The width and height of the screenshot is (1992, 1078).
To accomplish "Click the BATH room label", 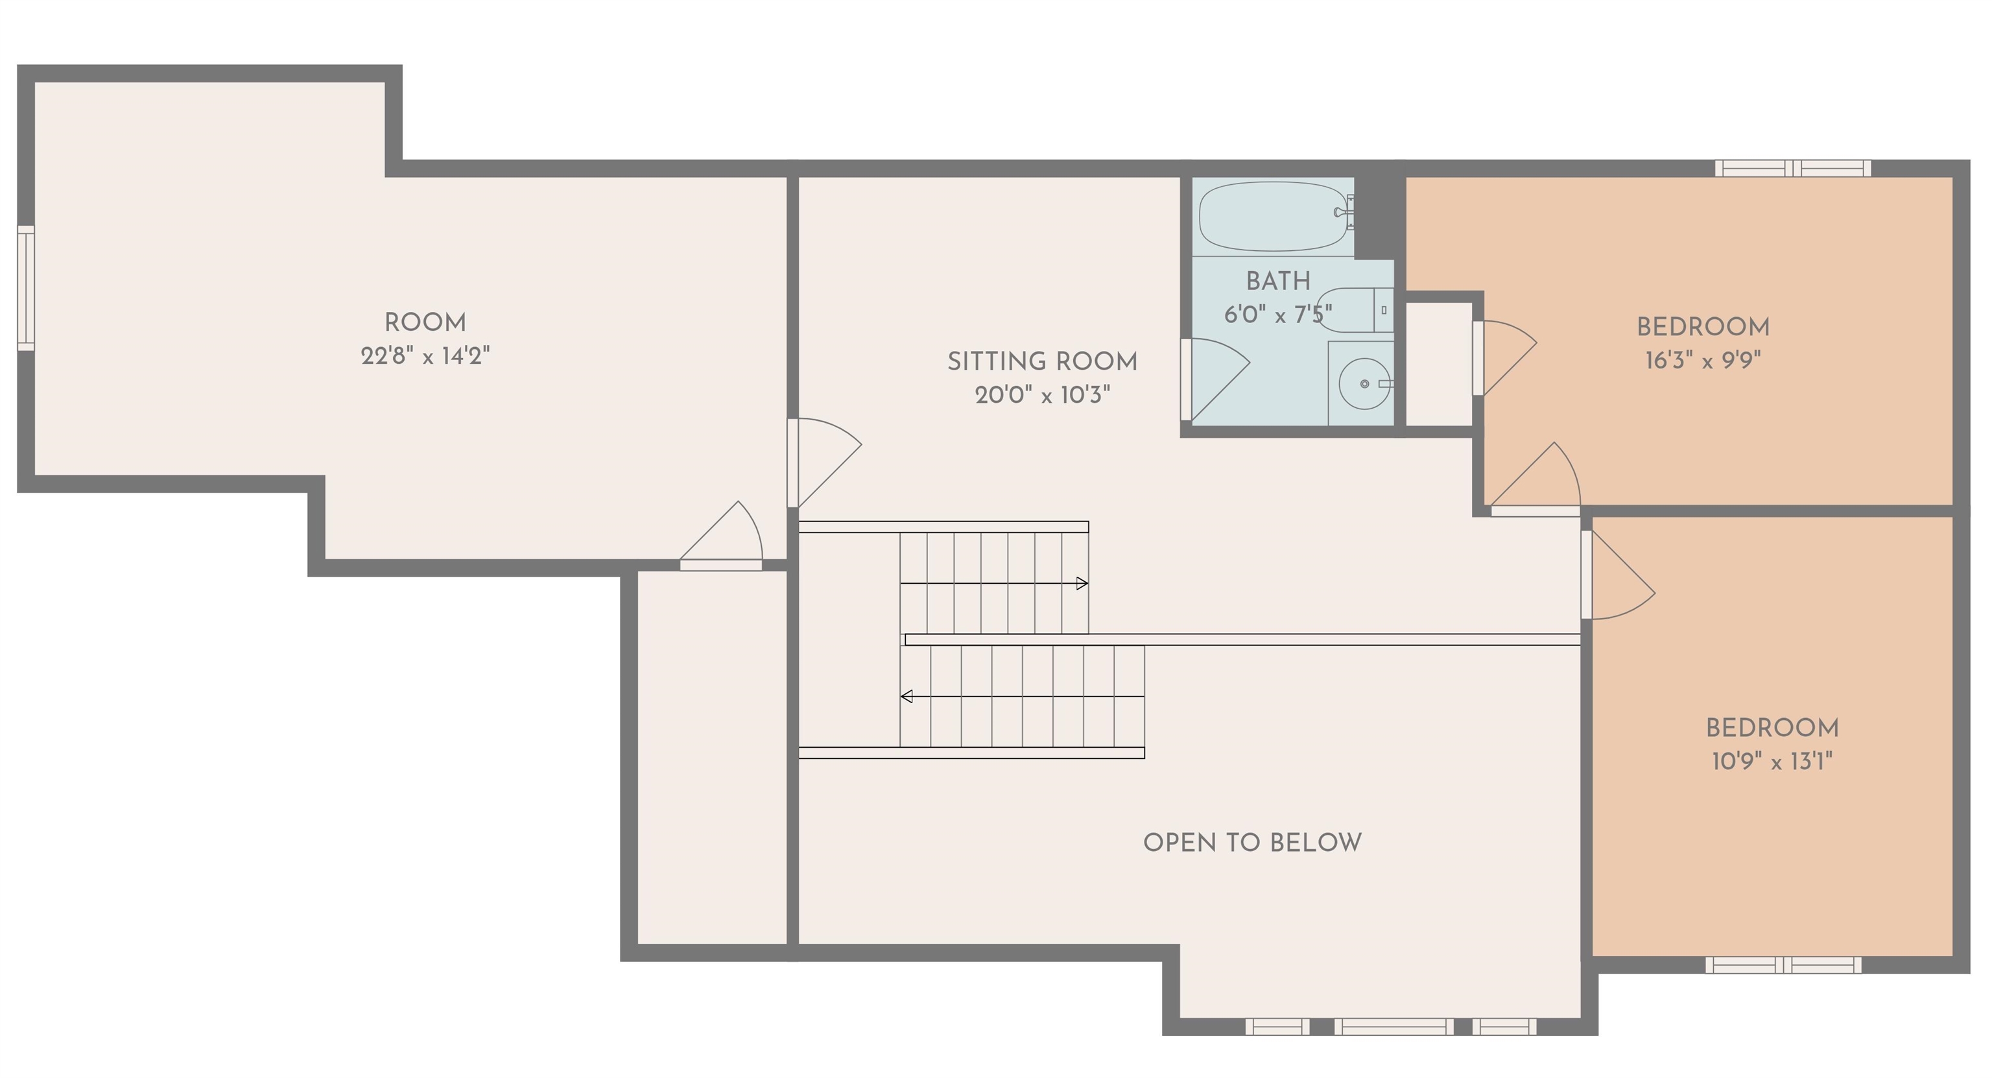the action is [1278, 281].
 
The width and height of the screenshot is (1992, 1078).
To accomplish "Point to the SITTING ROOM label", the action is [1043, 361].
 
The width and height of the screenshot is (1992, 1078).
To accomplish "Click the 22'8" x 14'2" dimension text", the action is [425, 355].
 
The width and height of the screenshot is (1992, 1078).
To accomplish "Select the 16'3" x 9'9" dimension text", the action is [1703, 361].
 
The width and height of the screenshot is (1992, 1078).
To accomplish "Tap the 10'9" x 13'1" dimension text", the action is [1772, 761].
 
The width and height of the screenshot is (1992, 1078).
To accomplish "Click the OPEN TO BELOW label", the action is [1253, 842].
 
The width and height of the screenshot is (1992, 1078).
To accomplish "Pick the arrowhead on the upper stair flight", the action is [1083, 583].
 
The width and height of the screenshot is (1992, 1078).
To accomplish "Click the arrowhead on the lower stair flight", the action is [907, 697].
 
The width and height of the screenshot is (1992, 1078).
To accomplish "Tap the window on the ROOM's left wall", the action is [27, 288].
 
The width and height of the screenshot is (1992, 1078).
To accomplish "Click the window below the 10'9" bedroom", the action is [1783, 965].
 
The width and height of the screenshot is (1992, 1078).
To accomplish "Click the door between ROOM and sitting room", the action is [824, 462].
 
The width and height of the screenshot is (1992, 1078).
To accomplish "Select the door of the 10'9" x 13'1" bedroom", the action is [1618, 575].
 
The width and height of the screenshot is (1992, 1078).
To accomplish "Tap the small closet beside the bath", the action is [1438, 363].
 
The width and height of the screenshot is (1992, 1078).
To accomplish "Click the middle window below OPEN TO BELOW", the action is [1393, 1027].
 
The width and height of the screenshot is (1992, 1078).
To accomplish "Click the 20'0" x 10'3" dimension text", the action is [1043, 395].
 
